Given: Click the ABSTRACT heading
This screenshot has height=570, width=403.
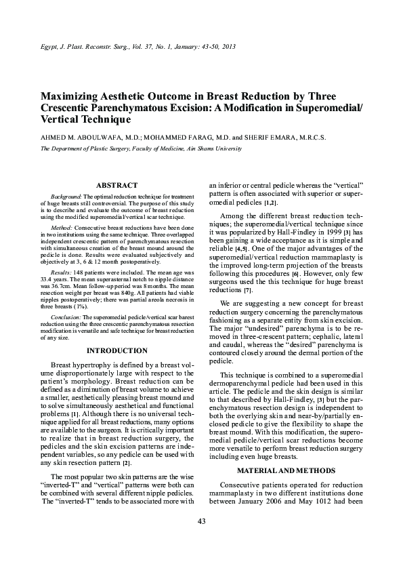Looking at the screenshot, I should [117, 185].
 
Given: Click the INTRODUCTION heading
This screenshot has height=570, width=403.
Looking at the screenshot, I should [117, 350].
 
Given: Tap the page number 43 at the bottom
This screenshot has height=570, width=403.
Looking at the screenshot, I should [201, 540].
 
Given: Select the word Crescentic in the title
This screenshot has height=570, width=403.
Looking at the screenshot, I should [76, 108].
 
